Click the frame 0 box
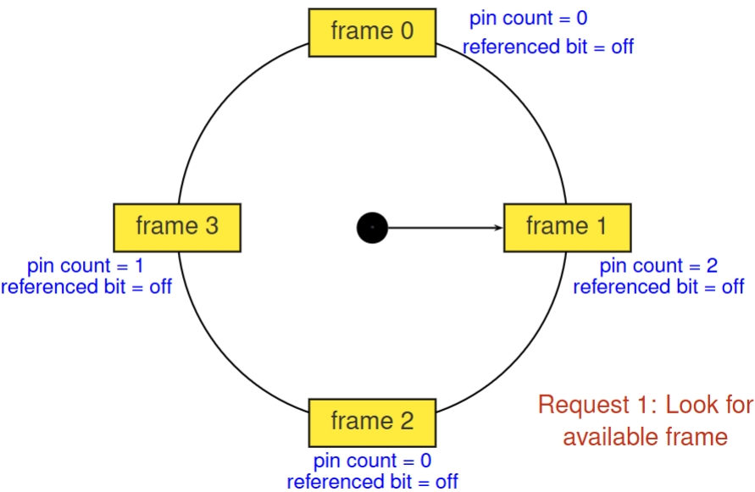coord(372,32)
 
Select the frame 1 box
coord(567,227)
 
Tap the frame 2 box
coord(372,422)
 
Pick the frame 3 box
coord(177,227)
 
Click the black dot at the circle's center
coord(372,227)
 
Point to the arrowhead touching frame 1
coord(500,227)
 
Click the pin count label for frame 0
coord(528,19)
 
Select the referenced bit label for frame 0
coord(547,47)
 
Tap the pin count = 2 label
coord(658,266)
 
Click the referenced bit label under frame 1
coord(658,286)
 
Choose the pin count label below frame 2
coord(372,462)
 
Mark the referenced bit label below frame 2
coord(372,482)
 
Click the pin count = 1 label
coord(85,266)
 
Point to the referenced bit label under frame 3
coord(86,286)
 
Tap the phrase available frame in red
coord(645,437)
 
